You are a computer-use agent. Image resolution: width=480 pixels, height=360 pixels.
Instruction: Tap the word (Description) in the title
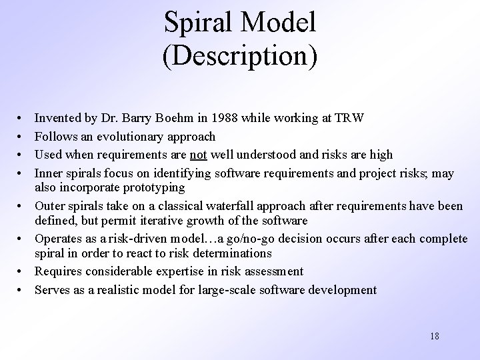[239, 56]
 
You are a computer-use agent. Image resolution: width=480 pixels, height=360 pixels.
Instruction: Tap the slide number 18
[434, 336]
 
